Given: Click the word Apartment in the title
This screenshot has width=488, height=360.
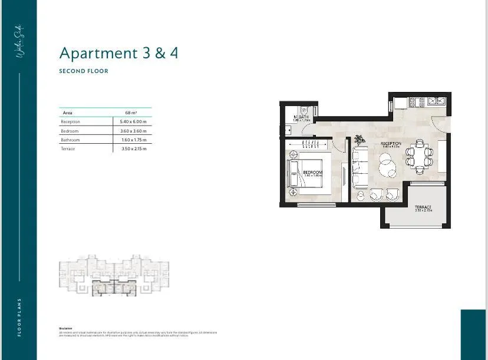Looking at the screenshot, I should [98, 53].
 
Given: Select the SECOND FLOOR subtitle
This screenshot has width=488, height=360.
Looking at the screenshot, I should [84, 71].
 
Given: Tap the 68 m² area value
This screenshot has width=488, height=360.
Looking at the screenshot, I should [131, 112].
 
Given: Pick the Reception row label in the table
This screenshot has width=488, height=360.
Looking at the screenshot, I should [70, 121].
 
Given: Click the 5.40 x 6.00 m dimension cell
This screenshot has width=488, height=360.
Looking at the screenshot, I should [132, 121].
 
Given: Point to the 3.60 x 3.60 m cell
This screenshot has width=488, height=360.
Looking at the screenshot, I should [132, 131].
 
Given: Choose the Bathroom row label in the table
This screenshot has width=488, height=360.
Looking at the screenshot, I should [70, 140].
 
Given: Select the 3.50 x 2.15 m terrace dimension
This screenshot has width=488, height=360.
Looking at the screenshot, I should [132, 149].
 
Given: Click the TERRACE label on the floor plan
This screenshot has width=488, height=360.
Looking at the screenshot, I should [423, 207].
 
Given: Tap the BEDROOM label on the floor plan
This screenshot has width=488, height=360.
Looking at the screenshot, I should [313, 172].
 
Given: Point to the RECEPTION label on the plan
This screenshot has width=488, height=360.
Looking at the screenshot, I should [391, 144].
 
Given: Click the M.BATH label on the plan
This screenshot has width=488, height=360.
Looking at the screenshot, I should [302, 117].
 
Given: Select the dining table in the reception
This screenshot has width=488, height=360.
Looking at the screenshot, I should [419, 156].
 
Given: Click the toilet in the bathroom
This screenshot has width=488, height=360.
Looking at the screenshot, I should [304, 110].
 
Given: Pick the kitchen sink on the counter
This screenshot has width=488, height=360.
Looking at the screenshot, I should [437, 101].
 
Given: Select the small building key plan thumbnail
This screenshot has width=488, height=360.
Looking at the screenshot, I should [113, 275].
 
